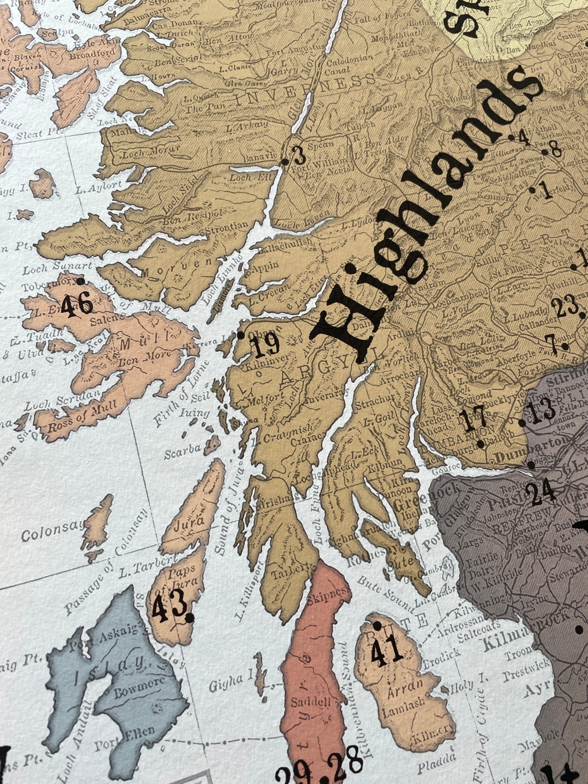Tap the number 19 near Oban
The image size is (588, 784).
pyautogui.click(x=267, y=346)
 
